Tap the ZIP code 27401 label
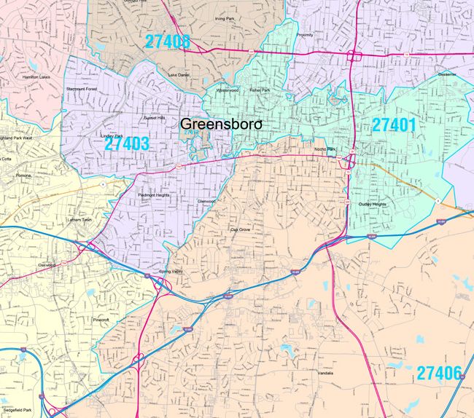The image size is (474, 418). tap(394, 125)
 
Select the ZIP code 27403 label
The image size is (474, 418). tap(126, 143)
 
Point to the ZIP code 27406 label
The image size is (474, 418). tap(440, 374)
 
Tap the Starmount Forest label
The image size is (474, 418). tap(82, 89)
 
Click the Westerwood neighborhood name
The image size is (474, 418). tap(226, 90)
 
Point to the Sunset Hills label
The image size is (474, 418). tap(154, 117)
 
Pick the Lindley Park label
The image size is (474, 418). tap(112, 135)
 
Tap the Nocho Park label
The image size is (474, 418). tap(325, 149)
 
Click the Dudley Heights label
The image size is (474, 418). tap(372, 205)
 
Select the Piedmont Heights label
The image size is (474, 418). tap(153, 194)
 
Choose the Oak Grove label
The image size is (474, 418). tap(240, 229)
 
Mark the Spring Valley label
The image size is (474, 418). tap(159, 272)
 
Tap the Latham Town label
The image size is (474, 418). tap(80, 219)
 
